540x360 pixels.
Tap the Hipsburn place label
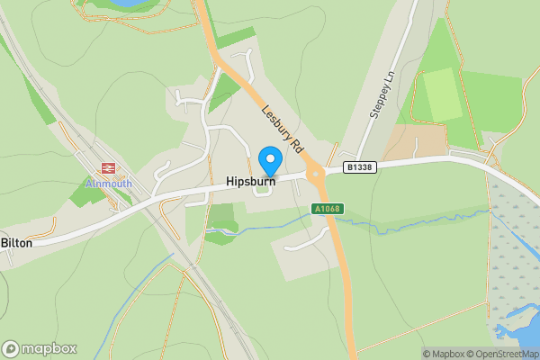click(x=250, y=182)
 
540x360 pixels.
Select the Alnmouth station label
click(x=109, y=184)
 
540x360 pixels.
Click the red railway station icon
click(x=109, y=168)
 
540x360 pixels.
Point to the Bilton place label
click(x=16, y=243)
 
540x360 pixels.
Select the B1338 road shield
click(x=359, y=167)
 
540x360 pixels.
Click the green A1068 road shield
click(x=326, y=209)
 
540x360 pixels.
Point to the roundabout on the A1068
click(x=314, y=174)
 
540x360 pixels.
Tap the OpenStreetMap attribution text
click(x=505, y=354)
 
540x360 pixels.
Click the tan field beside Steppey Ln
click(x=415, y=141)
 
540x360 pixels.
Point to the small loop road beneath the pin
click(x=263, y=188)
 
